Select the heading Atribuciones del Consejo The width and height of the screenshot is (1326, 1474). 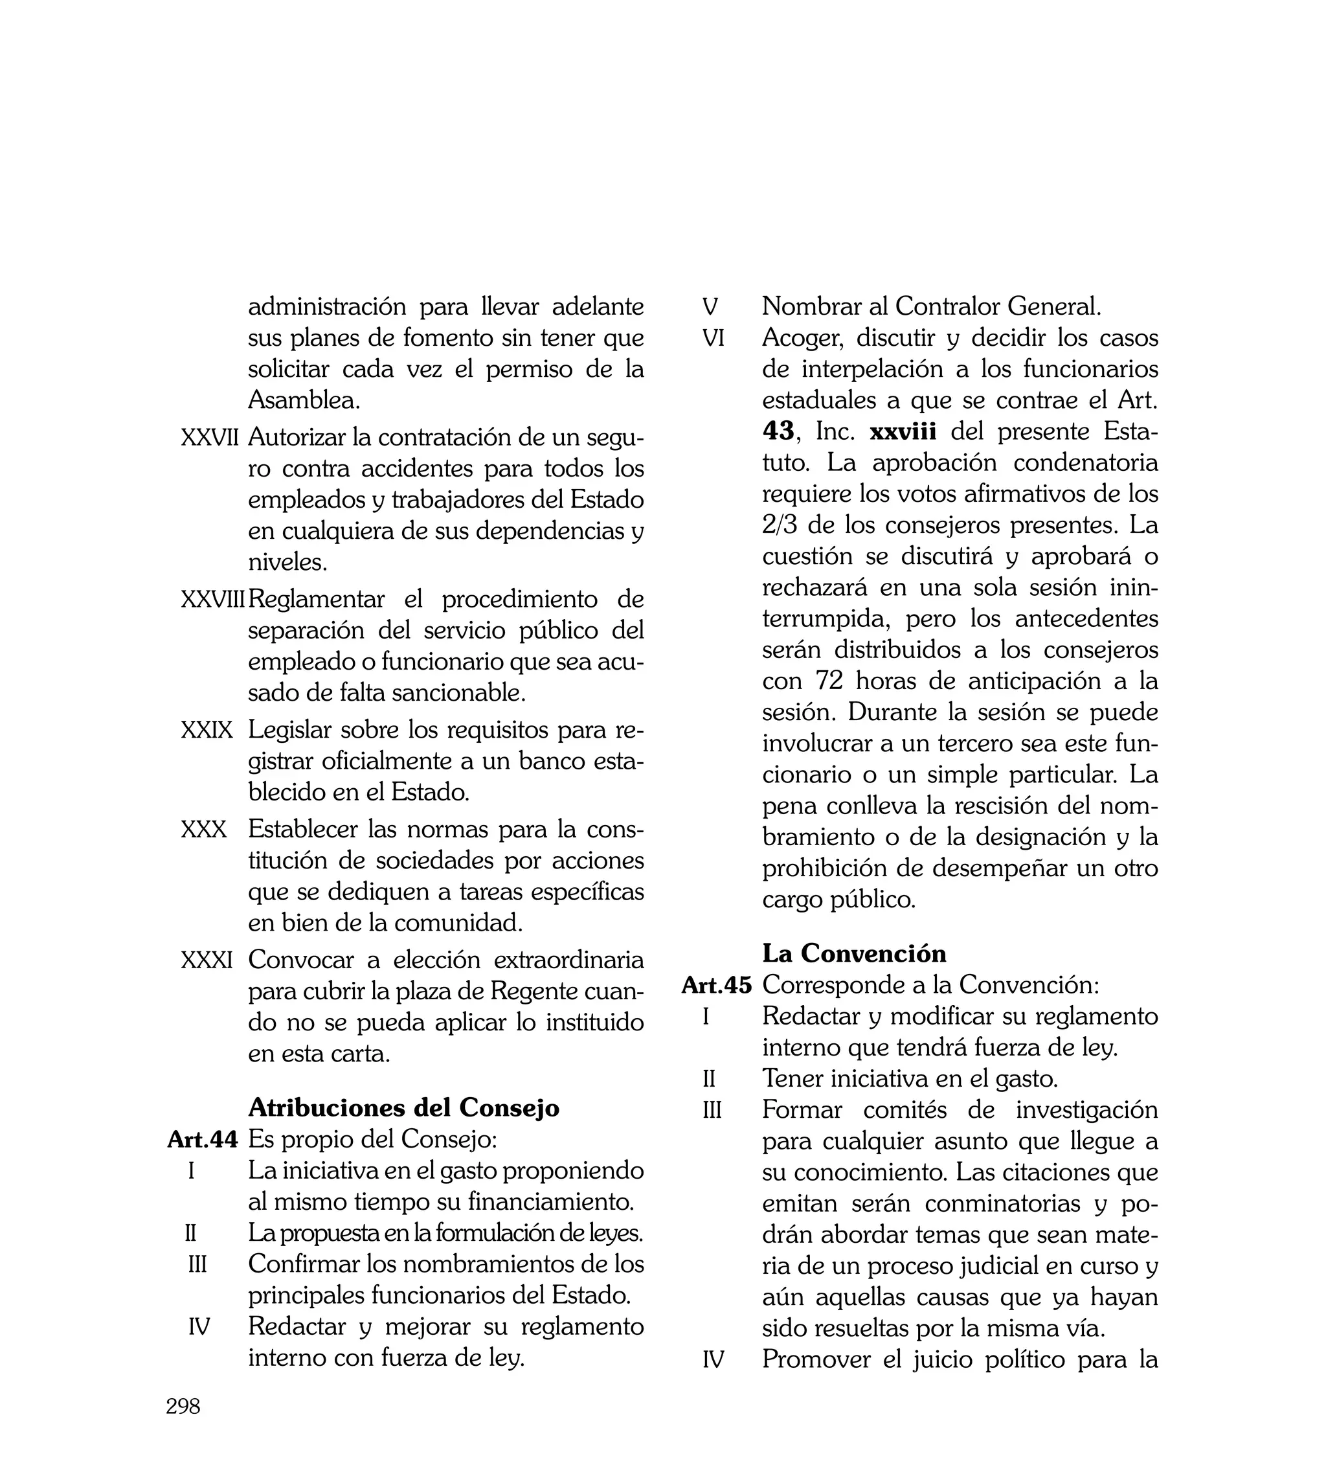coord(403,1107)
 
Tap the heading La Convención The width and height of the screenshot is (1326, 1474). coord(854,953)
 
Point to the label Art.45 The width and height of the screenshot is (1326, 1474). coord(716,985)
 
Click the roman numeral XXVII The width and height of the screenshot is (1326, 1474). coord(210,438)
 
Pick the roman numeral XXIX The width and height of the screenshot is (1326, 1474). coord(207,729)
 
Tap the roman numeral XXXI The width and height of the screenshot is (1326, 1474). coord(207,960)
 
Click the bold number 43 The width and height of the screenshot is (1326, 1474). coord(778,431)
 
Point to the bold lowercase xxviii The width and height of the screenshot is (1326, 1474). coord(903,431)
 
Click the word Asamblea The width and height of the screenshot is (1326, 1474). coord(304,400)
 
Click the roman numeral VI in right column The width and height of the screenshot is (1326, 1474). coord(714,338)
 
